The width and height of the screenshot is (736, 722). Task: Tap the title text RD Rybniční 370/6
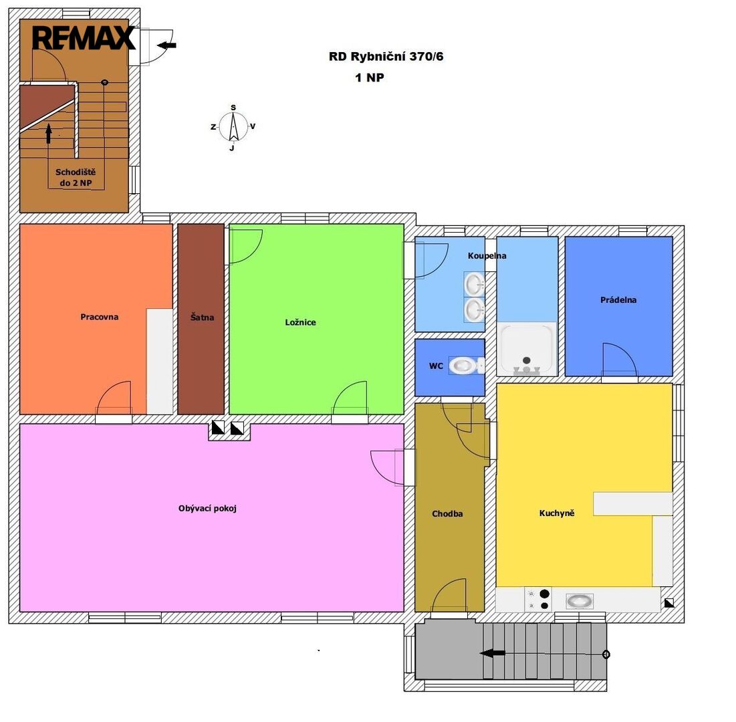[x=386, y=57]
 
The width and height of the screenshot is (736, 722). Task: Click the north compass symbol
[x=233, y=127]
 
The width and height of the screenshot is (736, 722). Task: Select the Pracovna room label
[x=100, y=317]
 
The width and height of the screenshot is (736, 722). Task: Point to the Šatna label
[x=203, y=318]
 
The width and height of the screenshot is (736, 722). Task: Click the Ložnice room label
[x=300, y=322]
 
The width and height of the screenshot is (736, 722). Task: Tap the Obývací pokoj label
[x=207, y=508]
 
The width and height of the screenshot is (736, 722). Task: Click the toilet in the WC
[x=467, y=365]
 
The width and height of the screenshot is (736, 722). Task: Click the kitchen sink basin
[x=580, y=601]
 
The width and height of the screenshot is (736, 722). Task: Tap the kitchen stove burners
[x=538, y=600]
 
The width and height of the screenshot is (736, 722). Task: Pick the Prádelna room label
[x=618, y=300]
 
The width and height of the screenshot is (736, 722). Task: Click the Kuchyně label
[x=557, y=513]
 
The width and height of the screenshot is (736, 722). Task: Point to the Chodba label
[x=447, y=513]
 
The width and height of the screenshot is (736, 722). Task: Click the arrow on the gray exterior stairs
[x=493, y=653]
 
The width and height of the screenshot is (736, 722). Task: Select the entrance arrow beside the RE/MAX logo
[x=166, y=45]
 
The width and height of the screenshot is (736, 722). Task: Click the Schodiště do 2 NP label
[x=76, y=177]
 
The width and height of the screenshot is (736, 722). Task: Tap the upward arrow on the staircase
[x=48, y=133]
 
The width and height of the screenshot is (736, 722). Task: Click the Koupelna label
[x=487, y=256]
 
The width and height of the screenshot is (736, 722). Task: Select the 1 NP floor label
[x=370, y=78]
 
